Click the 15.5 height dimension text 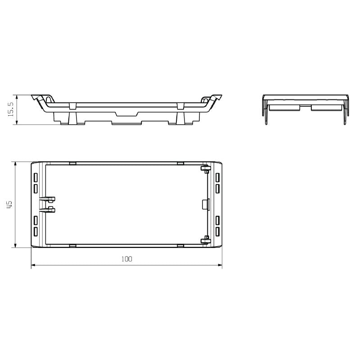tap(11, 109)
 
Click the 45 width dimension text tap(10, 204)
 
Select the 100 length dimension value tap(127, 259)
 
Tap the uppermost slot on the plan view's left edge tap(36, 176)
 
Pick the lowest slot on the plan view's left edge tap(36, 232)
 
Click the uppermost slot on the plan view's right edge tap(217, 176)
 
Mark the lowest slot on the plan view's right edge tap(217, 232)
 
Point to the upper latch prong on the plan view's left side tap(48, 198)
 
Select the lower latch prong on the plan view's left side tap(48, 209)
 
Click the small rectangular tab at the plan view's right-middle tap(205, 204)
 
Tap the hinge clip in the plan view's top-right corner tap(205, 169)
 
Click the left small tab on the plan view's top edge tap(72, 162)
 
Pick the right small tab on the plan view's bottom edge tap(180, 246)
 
